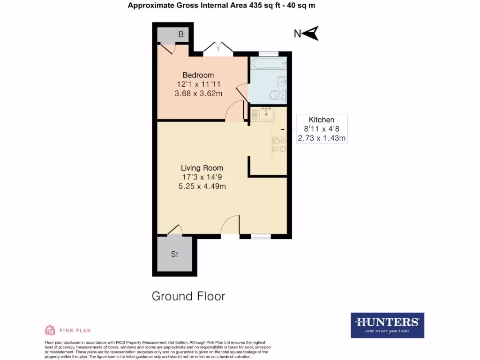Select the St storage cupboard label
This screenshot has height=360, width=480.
coord(174,255)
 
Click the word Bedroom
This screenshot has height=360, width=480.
coord(198,75)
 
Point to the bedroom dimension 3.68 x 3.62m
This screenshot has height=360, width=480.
coord(198,93)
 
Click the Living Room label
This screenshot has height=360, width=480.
coord(202,168)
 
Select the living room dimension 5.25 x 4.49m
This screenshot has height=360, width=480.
coord(202,186)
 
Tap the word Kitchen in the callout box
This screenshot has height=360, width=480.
coord(321,120)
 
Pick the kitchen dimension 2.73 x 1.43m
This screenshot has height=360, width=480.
coord(321,138)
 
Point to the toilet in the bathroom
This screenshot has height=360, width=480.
coord(278,96)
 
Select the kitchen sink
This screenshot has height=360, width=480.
coord(267,113)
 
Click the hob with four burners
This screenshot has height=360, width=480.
coord(279,145)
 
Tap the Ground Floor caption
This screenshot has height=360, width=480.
coord(188,296)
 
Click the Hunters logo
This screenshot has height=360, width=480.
coord(387,325)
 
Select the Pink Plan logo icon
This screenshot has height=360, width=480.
coord(50,330)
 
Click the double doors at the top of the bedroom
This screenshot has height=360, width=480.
coord(218,49)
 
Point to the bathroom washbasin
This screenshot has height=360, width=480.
coord(282,82)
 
